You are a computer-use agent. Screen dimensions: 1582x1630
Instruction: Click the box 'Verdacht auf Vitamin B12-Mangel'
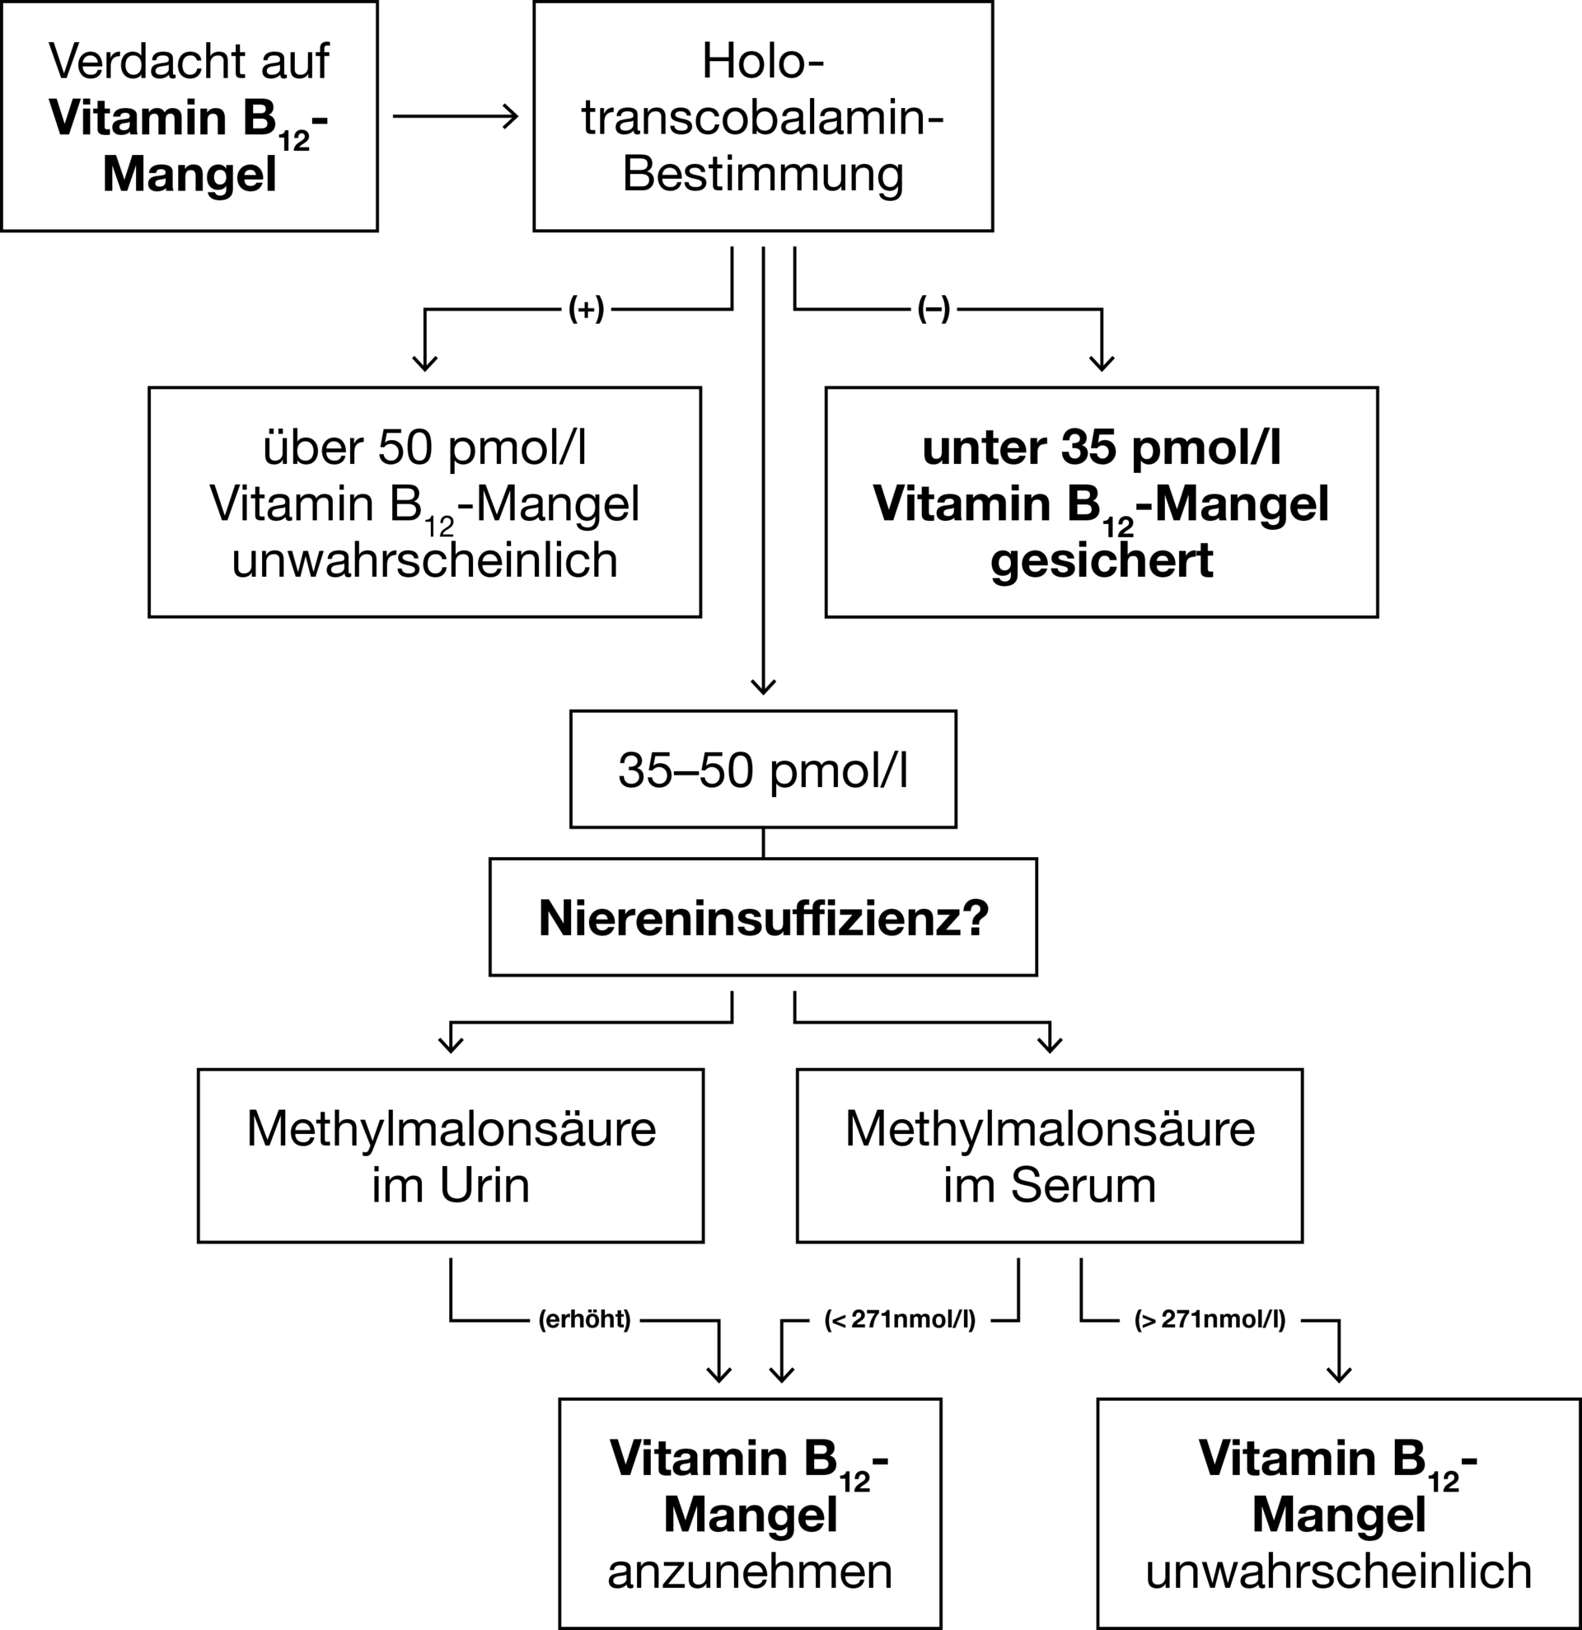click(190, 115)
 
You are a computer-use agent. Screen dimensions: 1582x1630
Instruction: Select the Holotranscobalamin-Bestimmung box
click(763, 115)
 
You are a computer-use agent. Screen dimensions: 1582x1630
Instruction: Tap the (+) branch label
click(586, 309)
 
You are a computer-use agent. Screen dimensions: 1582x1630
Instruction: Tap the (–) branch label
click(934, 309)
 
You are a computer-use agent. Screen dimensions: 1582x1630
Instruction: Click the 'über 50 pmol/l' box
click(425, 503)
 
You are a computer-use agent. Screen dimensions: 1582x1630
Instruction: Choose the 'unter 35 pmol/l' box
click(1102, 503)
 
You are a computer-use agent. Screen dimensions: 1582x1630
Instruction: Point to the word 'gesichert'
click(1102, 560)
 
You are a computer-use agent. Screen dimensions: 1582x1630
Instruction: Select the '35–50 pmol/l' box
click(763, 769)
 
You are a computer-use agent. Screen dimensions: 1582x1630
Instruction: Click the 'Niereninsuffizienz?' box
click(763, 917)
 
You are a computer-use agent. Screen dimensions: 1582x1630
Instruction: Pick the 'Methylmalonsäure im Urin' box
click(451, 1156)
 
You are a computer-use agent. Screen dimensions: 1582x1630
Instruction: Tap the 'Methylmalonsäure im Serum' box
click(1050, 1156)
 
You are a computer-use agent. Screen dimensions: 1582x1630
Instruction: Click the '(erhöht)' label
click(585, 1320)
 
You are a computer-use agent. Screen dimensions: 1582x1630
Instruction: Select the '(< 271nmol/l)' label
click(900, 1320)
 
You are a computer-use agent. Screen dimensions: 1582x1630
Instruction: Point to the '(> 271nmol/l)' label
click(1210, 1320)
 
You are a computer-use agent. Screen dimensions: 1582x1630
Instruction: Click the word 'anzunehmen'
click(750, 1571)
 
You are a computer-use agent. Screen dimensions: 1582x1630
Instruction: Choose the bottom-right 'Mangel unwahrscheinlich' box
click(1339, 1514)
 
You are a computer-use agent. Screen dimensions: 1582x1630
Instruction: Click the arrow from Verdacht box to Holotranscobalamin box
click(456, 116)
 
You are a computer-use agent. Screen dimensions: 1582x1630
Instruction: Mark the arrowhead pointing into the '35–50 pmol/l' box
click(763, 686)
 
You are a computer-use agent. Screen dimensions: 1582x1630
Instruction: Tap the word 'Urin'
click(484, 1185)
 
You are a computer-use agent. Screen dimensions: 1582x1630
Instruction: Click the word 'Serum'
click(1084, 1185)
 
